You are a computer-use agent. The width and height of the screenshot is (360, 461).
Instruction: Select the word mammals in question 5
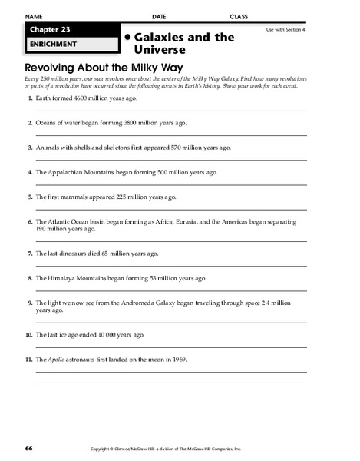(77, 197)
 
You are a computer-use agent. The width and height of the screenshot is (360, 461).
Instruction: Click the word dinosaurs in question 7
(74, 253)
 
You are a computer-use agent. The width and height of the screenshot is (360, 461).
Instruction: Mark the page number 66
(28, 447)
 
